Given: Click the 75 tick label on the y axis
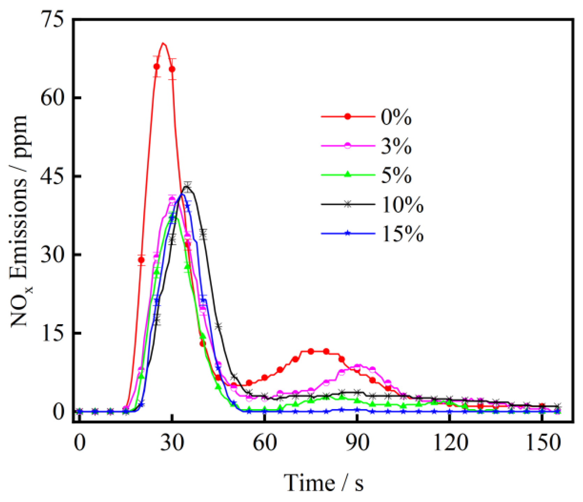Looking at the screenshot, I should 53,20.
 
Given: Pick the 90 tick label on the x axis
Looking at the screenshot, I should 357,443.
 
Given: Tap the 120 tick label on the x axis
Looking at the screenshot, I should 450,443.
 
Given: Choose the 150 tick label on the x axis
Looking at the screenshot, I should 543,443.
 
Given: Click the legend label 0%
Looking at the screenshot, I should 396,117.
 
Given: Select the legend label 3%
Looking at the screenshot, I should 396,146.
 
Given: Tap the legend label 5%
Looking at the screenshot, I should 396,175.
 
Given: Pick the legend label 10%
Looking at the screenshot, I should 402,205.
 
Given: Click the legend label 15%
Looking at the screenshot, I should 402,234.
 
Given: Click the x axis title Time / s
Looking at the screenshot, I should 324,483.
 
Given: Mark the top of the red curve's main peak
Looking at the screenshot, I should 163,43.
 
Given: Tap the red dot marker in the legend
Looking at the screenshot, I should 348,117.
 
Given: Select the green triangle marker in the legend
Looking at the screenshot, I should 348,174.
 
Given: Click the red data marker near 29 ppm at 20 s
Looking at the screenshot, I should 141,260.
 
